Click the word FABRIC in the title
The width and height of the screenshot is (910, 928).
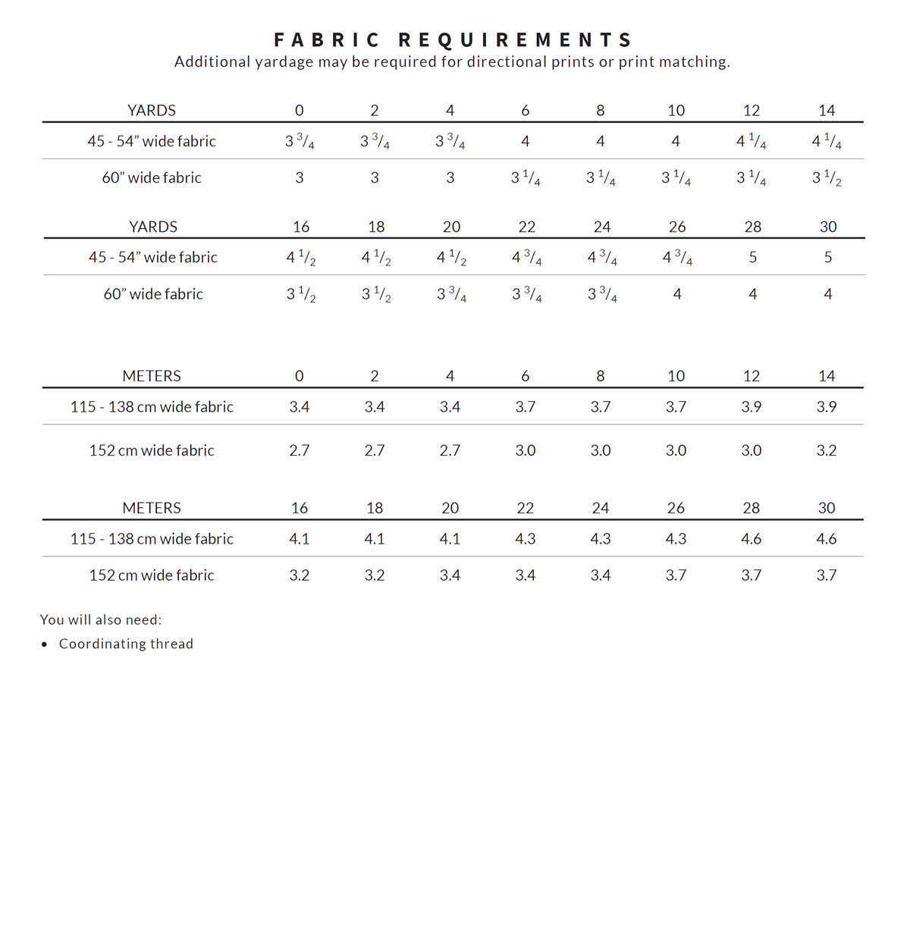[x=327, y=39]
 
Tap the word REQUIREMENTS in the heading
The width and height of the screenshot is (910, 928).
[x=515, y=39]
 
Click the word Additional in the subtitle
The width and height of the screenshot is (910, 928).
[x=206, y=62]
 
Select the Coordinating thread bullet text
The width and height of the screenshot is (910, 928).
[x=126, y=644]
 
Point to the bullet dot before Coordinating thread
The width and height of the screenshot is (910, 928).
[x=44, y=644]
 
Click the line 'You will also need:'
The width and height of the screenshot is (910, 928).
[x=101, y=619]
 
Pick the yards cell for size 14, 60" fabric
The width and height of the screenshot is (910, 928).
[x=827, y=178]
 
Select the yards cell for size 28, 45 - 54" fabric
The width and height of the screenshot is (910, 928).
[x=752, y=257]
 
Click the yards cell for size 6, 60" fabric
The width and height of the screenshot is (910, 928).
[x=526, y=178]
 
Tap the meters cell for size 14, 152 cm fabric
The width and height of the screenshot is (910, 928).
[x=827, y=450]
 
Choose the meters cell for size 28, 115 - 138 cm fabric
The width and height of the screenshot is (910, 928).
[x=752, y=539]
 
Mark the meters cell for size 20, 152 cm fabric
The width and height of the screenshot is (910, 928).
[x=450, y=575]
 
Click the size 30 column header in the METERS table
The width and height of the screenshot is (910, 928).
[x=827, y=508]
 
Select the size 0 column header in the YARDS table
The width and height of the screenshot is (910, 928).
[x=299, y=111]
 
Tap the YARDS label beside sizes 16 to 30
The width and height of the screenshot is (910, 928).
[x=153, y=227]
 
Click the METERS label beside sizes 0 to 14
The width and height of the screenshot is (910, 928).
[x=152, y=376]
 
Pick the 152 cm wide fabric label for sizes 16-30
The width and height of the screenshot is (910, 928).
[x=152, y=575]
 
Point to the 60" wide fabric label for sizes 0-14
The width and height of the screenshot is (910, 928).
[x=152, y=178]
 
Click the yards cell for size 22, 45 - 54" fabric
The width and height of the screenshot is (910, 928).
[x=526, y=258]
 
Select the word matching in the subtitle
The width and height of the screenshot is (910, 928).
[x=699, y=62]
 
